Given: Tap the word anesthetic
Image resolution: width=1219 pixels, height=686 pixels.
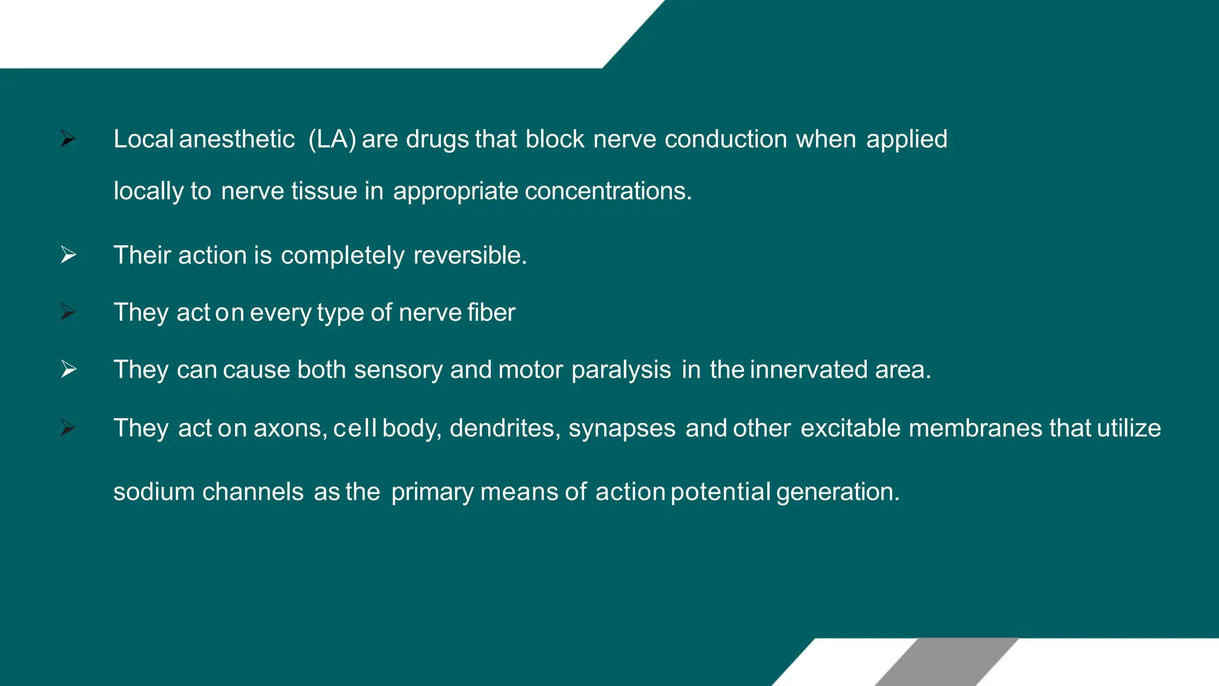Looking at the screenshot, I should click(x=236, y=139).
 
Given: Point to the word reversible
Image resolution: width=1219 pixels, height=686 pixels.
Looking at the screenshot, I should click(x=470, y=255).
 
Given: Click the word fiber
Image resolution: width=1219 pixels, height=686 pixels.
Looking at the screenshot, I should click(x=491, y=313).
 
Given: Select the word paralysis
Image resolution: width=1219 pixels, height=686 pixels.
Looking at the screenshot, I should click(x=621, y=370).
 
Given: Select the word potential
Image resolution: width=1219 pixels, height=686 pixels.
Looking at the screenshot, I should click(x=720, y=492).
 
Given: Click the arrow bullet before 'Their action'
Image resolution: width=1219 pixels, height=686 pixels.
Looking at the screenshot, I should click(x=68, y=255).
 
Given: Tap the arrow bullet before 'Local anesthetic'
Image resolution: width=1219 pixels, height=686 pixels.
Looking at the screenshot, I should click(x=68, y=139).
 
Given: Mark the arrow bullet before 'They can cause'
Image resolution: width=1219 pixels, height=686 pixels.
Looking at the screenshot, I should click(x=68, y=369).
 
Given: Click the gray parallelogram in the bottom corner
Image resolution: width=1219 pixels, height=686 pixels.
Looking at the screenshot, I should click(x=946, y=662).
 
